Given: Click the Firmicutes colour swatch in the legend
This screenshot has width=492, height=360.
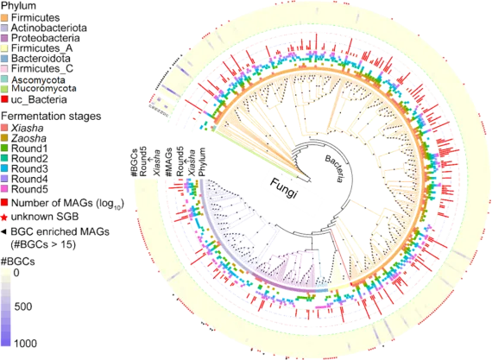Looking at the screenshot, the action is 5,17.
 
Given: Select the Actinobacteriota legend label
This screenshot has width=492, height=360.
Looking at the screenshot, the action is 49,28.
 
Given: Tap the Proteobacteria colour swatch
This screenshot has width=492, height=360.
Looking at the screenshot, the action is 5,38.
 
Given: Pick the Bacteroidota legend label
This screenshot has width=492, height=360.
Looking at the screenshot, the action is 41,59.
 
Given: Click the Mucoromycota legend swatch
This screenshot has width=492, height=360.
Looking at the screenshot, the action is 5,89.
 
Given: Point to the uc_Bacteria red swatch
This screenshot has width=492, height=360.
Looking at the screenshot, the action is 5,99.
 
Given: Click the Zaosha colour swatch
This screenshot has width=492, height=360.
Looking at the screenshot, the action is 5,138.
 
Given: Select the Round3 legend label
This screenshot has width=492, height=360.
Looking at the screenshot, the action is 29,169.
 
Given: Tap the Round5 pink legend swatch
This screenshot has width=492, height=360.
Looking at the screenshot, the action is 5,189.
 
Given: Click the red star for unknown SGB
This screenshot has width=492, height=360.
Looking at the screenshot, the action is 4,218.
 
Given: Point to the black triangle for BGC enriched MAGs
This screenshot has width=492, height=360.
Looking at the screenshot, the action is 3,232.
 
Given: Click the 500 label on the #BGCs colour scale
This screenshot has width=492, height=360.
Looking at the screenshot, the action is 23,306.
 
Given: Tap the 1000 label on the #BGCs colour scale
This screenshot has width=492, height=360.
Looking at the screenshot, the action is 25,344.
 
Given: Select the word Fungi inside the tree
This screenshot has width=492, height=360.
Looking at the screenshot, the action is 283,188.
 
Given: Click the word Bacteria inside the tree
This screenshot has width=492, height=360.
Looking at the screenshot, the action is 334,169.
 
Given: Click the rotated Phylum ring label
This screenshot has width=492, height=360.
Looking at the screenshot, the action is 202,162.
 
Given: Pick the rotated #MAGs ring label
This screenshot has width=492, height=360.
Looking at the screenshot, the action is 169,162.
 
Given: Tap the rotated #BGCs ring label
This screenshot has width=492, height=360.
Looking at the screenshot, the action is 136,163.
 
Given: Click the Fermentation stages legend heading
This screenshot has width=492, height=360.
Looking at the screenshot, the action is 51,117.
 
